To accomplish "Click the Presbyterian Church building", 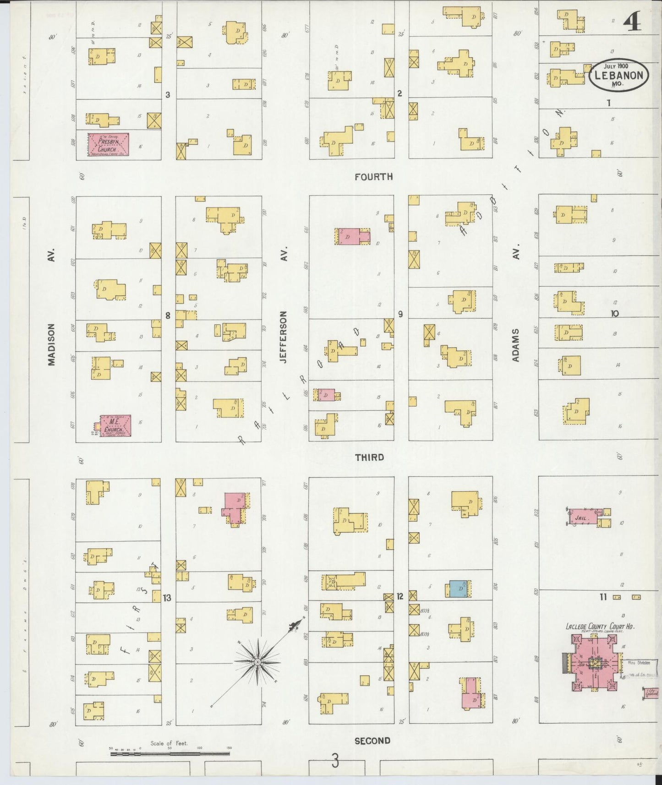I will click(x=109, y=144).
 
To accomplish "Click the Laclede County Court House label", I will click(x=600, y=627).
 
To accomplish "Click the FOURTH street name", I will click(x=373, y=176).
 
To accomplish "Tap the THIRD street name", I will click(x=369, y=457).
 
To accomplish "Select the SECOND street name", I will click(x=372, y=741).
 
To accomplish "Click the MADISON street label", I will click(x=51, y=344).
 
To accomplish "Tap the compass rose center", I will click(x=257, y=662).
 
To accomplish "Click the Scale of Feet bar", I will click(x=170, y=753).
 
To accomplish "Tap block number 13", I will click(x=167, y=598).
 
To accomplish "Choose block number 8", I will click(x=168, y=315).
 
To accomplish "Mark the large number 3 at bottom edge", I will click(x=336, y=762).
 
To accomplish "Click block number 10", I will click(x=614, y=314).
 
